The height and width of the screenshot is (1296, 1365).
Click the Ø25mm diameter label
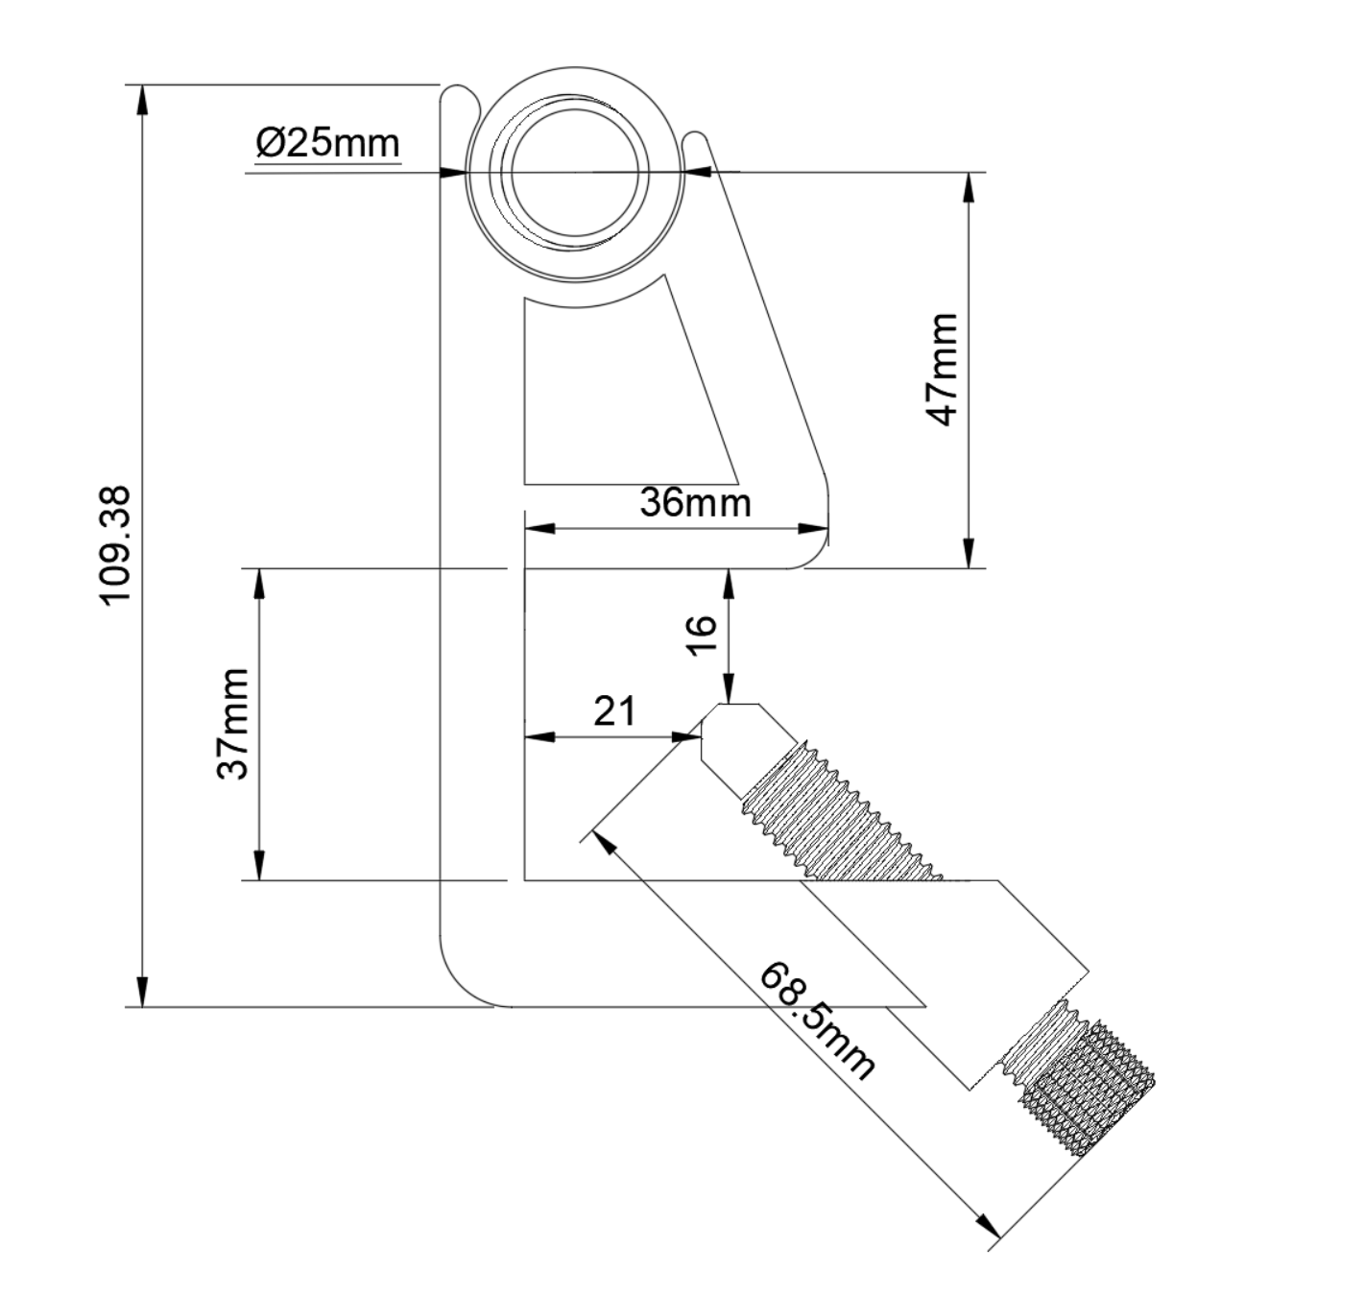pyautogui.click(x=326, y=144)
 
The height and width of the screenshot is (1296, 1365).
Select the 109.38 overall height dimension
pyautogui.click(x=115, y=545)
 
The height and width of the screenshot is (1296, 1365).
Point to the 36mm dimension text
pyautogui.click(x=695, y=502)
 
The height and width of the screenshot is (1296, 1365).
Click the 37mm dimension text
pyautogui.click(x=233, y=723)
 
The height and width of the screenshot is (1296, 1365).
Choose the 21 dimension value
pyautogui.click(x=614, y=711)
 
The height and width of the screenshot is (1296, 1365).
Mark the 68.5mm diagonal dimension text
pyautogui.click(x=818, y=1021)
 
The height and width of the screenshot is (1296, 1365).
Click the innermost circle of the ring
pyautogui.click(x=576, y=173)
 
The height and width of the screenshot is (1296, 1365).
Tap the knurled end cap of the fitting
pyautogui.click(x=1094, y=1090)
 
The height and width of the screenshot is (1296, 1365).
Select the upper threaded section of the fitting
pyautogui.click(x=835, y=811)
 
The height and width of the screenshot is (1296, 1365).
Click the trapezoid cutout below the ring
pyautogui.click(x=614, y=394)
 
